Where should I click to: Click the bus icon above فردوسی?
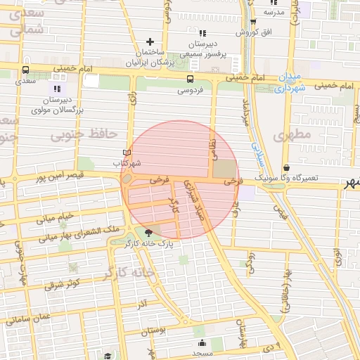pyautogui.click(x=191, y=79)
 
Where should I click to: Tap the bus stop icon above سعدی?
pyautogui.click(x=26, y=70)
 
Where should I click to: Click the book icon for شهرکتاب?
pyautogui.click(x=127, y=153)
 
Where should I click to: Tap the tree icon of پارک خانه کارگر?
pyautogui.click(x=148, y=233)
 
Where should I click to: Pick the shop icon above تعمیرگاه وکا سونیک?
pyautogui.click(x=287, y=167)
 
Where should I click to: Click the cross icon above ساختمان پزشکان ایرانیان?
pyautogui.click(x=150, y=42)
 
